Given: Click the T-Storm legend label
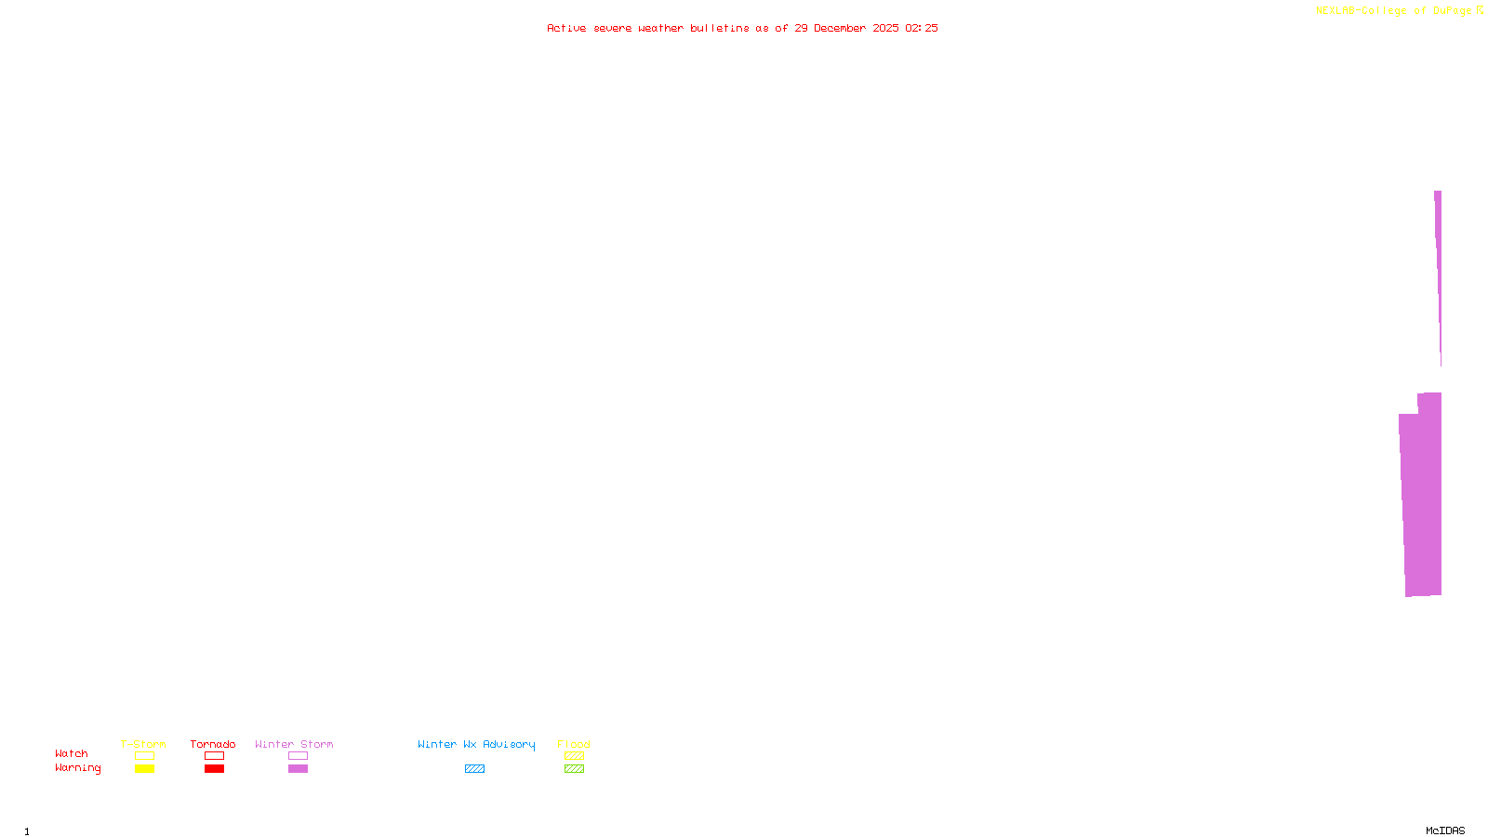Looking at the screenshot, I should tap(143, 744).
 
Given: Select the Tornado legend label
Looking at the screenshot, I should tap(213, 744).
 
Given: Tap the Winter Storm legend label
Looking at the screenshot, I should tap(294, 744).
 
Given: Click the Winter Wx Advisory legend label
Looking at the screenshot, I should tap(476, 744).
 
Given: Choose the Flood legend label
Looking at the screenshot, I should tap(574, 744).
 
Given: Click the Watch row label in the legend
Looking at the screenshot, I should tap(72, 753).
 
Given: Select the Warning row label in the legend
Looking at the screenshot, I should tap(78, 768).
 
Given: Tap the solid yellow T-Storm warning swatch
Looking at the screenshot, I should tap(144, 769).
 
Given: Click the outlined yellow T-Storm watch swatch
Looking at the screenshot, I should tap(144, 756).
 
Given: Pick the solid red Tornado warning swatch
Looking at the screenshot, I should tap(215, 769).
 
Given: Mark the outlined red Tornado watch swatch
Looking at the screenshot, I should tap(215, 756).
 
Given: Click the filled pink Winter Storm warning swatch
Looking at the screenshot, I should tap(299, 769).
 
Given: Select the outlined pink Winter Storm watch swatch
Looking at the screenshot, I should tap(299, 756).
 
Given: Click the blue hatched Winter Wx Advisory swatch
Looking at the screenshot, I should tap(475, 769).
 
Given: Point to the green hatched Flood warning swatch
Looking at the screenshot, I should tap(575, 769).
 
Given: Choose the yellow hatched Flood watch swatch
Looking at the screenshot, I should tap(575, 756).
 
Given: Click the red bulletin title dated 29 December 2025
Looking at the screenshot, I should tap(742, 28).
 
